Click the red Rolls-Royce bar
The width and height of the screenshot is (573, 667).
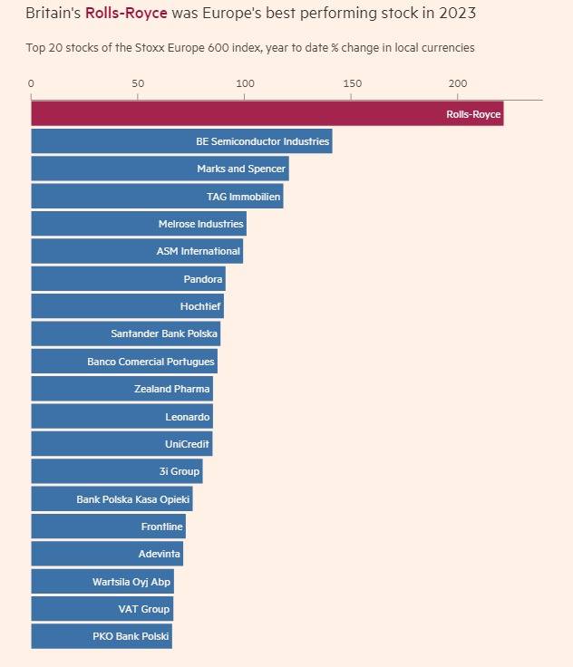[267, 114]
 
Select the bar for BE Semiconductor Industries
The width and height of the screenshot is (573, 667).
[181, 141]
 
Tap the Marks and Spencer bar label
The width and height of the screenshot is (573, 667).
[241, 169]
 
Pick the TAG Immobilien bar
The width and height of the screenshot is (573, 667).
[157, 197]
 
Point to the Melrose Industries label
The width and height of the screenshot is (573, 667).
[201, 224]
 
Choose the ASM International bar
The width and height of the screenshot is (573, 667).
[137, 251]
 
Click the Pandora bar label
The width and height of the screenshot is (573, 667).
[203, 279]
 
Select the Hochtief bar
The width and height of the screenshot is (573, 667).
[127, 306]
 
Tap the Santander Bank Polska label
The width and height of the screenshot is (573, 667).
[164, 333]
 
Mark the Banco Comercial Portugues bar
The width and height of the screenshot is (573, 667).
[124, 362]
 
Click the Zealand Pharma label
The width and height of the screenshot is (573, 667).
[172, 389]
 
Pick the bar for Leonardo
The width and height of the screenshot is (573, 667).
[121, 417]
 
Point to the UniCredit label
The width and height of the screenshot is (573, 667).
[188, 444]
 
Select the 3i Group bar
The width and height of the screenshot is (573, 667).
[117, 471]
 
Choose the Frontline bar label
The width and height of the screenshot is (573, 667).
[163, 527]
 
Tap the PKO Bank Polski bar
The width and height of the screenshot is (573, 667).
[102, 636]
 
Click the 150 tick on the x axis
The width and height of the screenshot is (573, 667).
[352, 83]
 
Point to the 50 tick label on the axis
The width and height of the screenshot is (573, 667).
[138, 83]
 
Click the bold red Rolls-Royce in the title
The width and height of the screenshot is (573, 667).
[126, 14]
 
